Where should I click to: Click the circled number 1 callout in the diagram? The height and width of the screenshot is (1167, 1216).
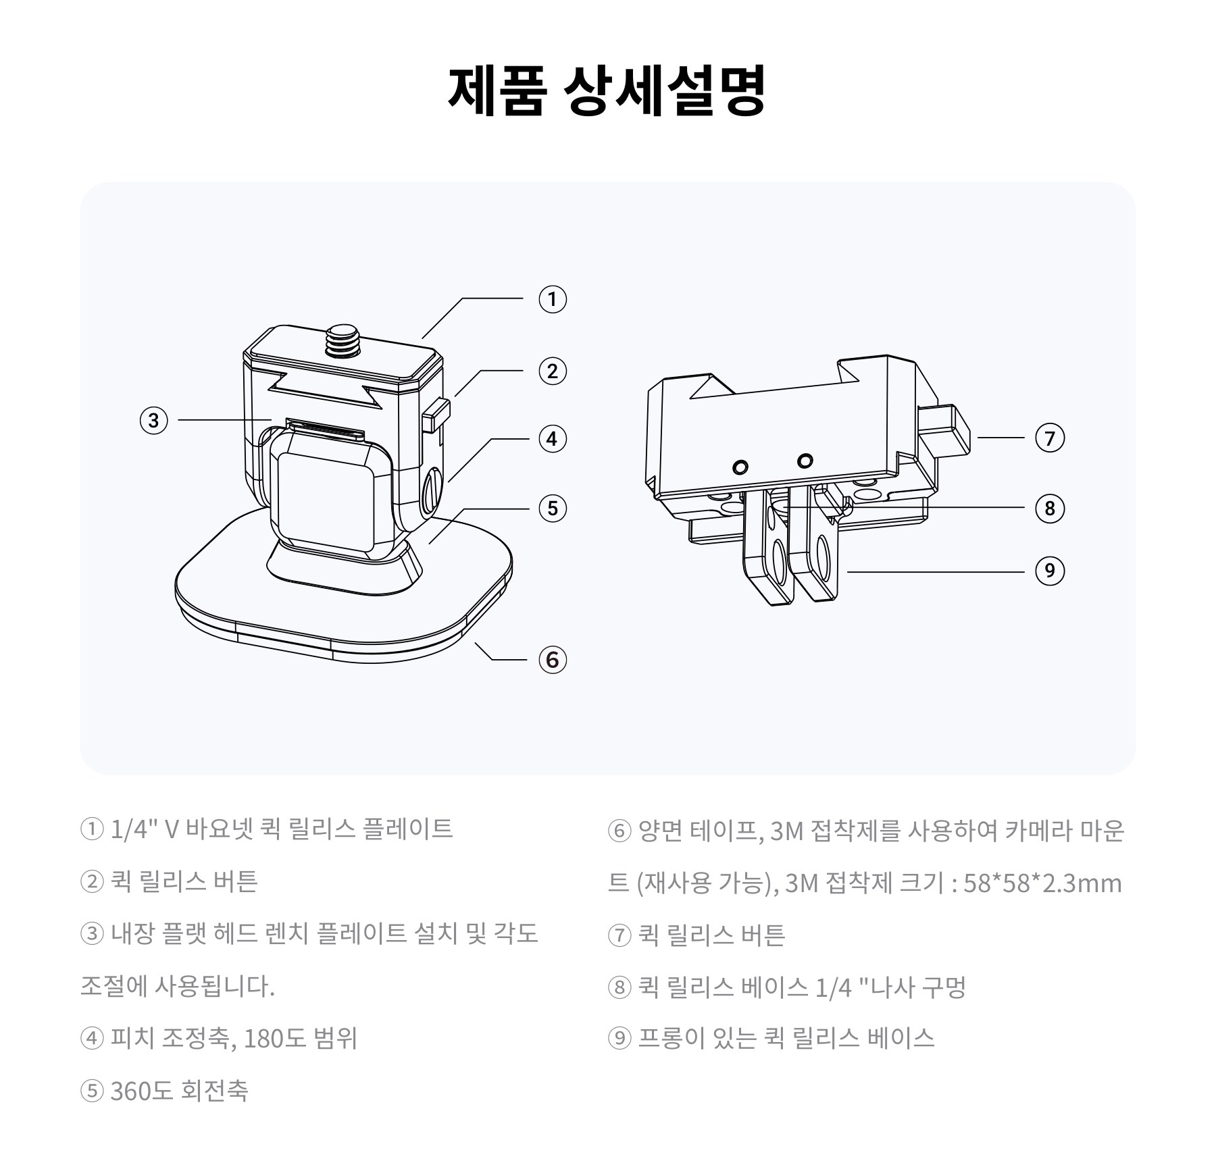tap(552, 299)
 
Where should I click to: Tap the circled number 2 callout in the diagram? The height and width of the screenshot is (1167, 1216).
tap(552, 371)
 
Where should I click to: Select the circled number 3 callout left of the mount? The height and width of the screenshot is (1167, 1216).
tap(153, 420)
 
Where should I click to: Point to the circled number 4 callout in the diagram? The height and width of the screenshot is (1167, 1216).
tap(552, 439)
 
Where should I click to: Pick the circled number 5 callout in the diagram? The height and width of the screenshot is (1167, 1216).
tap(552, 508)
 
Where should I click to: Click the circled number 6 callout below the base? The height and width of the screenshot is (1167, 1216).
tap(552, 659)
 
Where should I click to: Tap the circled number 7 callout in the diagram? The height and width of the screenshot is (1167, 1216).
tap(1049, 438)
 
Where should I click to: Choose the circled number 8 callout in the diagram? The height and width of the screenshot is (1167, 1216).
tap(1049, 508)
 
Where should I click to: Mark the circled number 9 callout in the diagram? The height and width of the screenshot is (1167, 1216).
tap(1049, 571)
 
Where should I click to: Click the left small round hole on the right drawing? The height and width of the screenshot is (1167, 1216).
tap(741, 467)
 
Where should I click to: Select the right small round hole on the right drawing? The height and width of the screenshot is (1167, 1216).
tap(805, 461)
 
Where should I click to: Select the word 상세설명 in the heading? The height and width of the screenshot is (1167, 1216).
tap(665, 89)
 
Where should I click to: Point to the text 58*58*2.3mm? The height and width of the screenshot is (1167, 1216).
tap(1042, 883)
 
